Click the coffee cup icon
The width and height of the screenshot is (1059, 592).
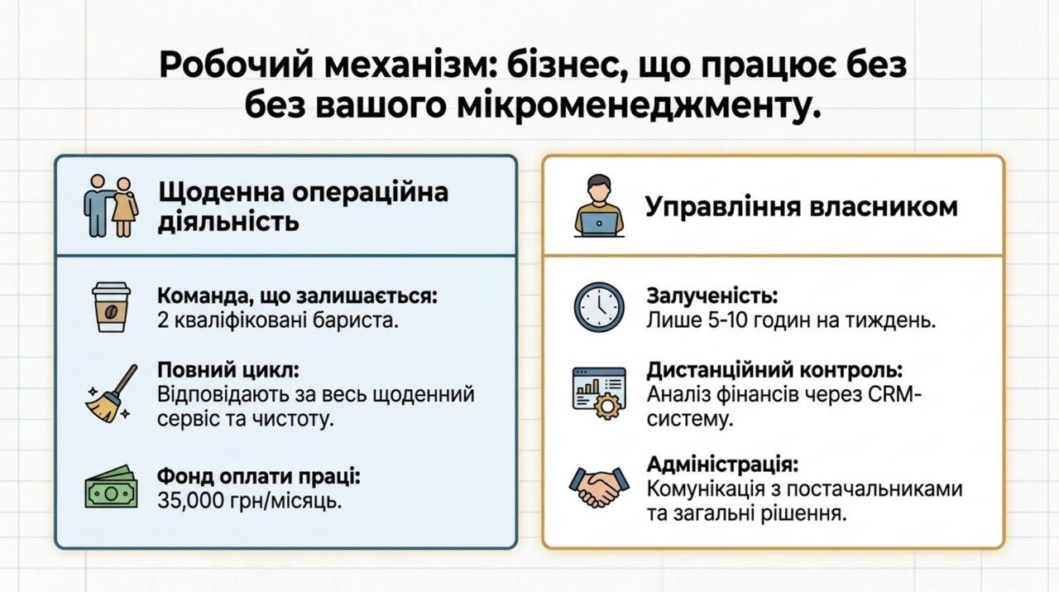point(111,307)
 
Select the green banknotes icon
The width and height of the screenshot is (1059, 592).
point(111,487)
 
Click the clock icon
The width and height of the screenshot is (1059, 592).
point(599,307)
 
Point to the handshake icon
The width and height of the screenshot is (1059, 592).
point(599,487)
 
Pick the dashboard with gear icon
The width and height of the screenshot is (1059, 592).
point(599,393)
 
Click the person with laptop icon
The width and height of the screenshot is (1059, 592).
point(599,205)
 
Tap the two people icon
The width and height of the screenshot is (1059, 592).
point(111,206)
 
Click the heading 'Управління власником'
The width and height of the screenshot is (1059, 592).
point(802,207)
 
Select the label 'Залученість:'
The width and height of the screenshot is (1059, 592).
point(712,296)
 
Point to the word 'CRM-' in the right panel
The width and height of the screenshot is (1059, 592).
point(894,394)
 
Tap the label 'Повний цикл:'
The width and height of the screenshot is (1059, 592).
point(228,369)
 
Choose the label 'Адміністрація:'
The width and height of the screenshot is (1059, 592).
point(722,464)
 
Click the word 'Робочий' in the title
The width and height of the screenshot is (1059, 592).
point(237,65)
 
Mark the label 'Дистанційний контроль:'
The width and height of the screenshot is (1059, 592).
point(774,369)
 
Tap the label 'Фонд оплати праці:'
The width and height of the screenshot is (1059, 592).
point(259,477)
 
